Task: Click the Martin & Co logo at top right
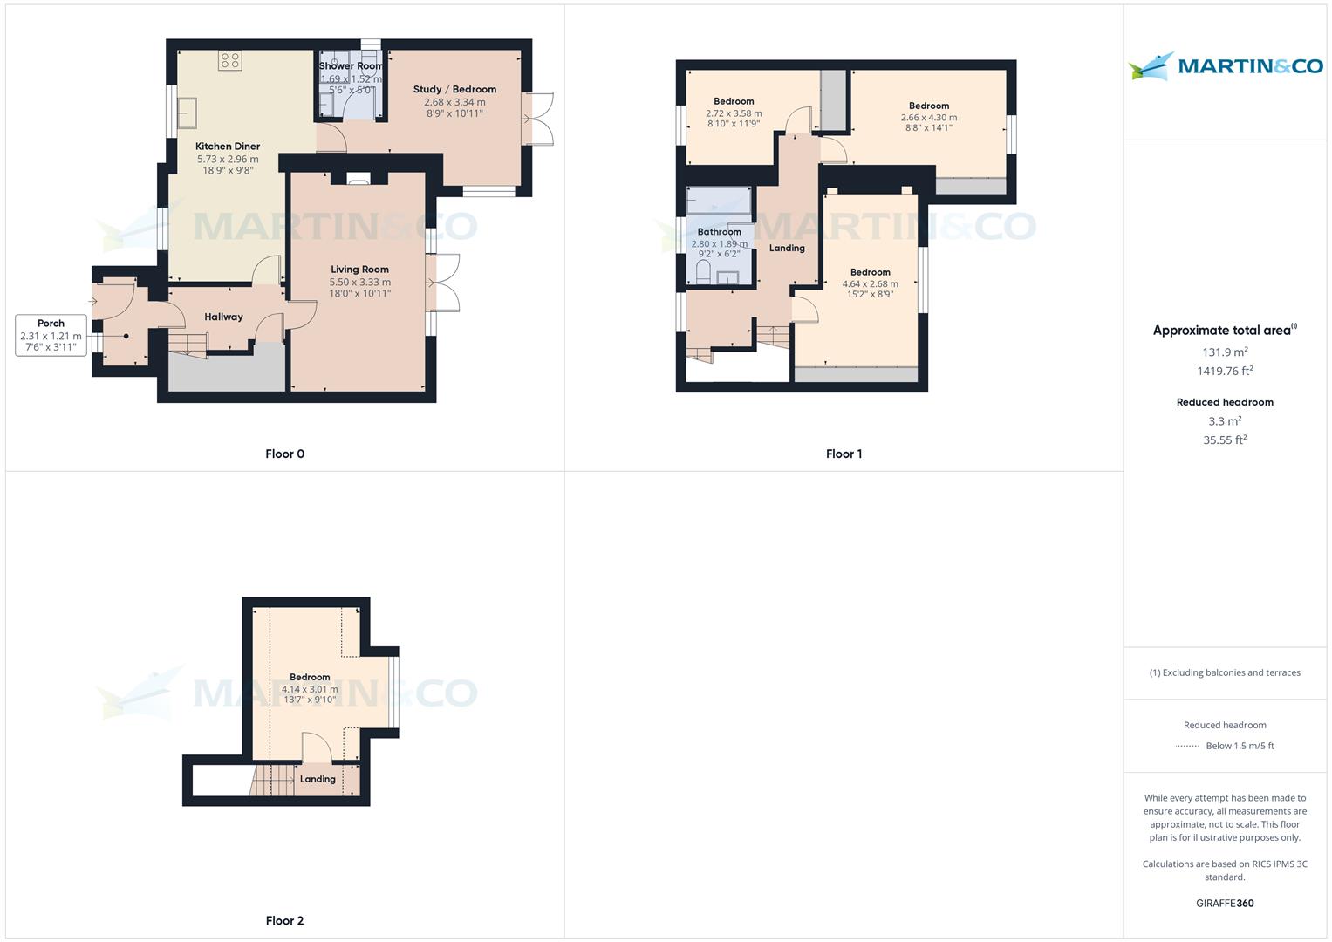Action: [x=1225, y=66]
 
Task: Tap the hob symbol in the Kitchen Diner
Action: [x=230, y=60]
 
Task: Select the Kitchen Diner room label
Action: [x=228, y=147]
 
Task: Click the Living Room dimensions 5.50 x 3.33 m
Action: [x=359, y=282]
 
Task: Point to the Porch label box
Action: [x=51, y=335]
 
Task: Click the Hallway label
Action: [x=223, y=317]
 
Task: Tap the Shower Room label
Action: [x=351, y=66]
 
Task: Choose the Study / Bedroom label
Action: [x=454, y=89]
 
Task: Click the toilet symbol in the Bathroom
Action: [x=704, y=273]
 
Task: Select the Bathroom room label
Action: [x=719, y=232]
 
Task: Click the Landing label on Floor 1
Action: [x=787, y=248]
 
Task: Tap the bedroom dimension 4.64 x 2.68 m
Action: [x=870, y=283]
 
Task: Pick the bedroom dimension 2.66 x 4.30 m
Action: [x=928, y=117]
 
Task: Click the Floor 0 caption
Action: [x=284, y=454]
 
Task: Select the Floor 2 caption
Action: [x=284, y=920]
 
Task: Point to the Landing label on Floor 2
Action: [x=318, y=779]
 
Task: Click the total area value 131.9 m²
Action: [x=1225, y=352]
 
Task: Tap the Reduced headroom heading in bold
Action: [x=1225, y=402]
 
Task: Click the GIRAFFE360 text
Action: [x=1225, y=903]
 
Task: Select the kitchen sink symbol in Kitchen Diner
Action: [x=187, y=111]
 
